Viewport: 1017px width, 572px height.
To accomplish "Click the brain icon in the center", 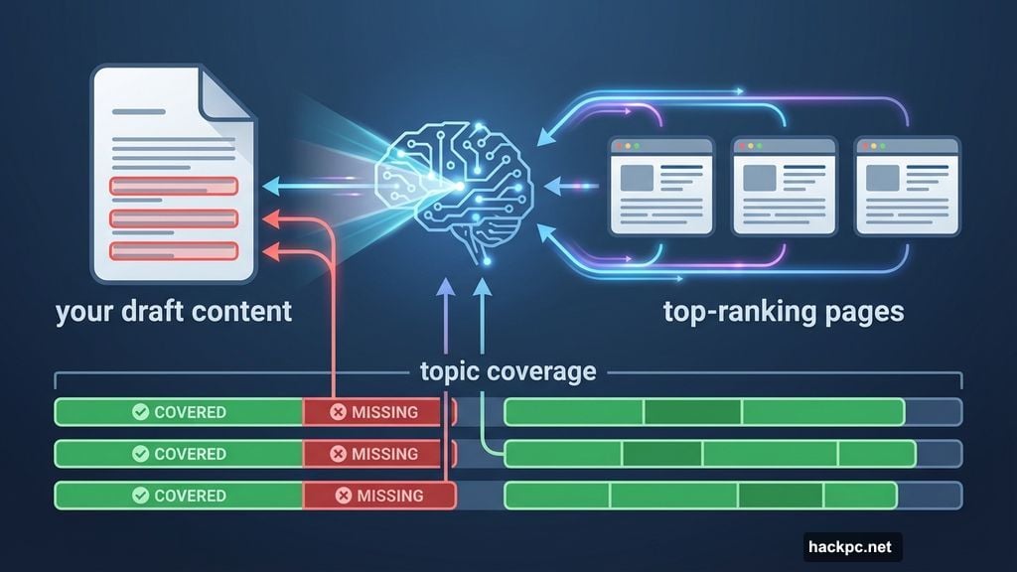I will tap(453, 189).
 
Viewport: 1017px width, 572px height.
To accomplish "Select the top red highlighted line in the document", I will tap(174, 186).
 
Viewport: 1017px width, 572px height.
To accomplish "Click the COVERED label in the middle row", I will tap(190, 454).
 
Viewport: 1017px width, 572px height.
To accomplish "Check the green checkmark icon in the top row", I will tap(140, 412).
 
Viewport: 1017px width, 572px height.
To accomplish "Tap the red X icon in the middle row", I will tap(338, 454).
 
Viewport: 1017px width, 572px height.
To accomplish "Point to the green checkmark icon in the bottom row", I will tap(140, 496).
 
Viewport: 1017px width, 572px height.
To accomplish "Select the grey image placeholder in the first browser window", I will tap(637, 179).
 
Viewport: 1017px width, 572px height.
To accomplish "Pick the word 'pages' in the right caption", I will tap(862, 312).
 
